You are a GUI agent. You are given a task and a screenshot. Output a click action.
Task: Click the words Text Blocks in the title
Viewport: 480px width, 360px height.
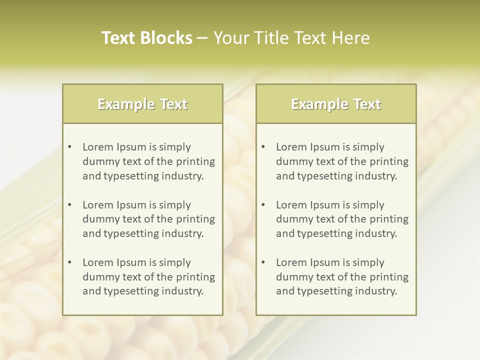pos(146,38)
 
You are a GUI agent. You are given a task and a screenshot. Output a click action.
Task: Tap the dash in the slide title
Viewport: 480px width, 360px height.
pos(203,38)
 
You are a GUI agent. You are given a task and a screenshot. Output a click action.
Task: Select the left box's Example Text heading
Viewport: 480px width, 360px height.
pos(142,104)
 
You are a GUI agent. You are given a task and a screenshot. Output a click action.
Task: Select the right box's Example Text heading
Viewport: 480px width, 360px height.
pos(336,104)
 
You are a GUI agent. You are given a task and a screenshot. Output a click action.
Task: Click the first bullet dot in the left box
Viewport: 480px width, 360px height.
pos(69,147)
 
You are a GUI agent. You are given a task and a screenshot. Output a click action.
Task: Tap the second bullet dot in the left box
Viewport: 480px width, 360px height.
pos(69,205)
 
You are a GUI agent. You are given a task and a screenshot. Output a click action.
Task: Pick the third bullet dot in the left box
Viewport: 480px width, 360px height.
pos(69,262)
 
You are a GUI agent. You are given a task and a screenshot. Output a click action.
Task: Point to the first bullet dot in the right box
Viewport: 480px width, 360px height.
pos(263,147)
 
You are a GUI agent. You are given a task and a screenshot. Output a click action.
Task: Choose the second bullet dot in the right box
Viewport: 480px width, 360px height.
pos(263,205)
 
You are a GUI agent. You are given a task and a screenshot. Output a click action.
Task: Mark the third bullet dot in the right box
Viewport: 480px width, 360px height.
pos(263,262)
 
